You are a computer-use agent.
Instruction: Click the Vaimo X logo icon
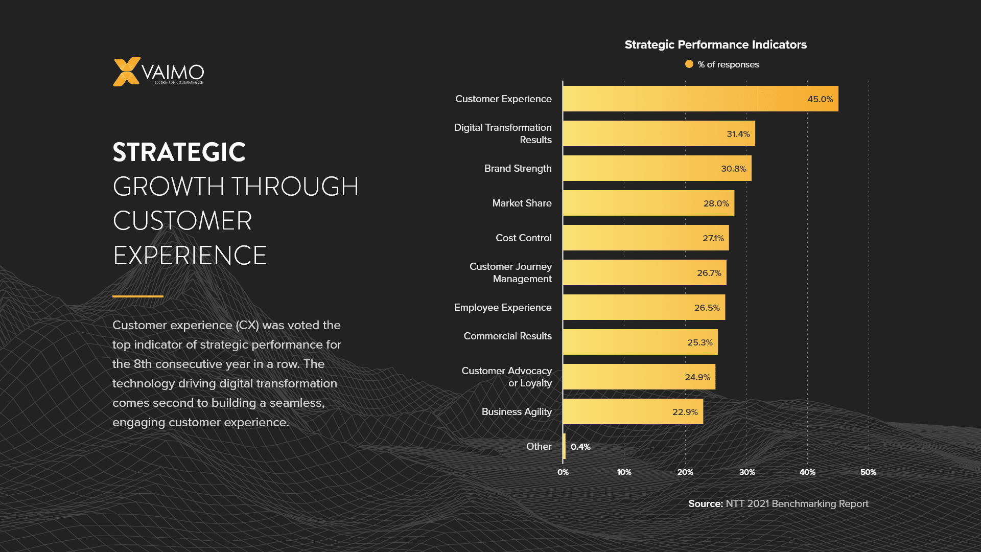click(126, 72)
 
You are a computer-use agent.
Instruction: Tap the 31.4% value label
click(738, 134)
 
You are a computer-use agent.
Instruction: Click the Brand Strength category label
click(518, 169)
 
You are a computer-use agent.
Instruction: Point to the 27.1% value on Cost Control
click(713, 238)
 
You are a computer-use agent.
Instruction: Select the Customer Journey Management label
click(510, 272)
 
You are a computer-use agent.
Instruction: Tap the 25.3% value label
click(699, 342)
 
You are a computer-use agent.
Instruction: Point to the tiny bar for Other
click(564, 446)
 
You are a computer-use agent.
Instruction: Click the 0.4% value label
click(580, 447)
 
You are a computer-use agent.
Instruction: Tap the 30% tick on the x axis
click(746, 472)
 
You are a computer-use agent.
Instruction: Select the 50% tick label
click(868, 472)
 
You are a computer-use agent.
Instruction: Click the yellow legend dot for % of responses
click(689, 64)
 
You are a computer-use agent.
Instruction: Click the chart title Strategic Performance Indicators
click(715, 45)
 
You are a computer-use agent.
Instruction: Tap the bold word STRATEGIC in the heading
click(179, 152)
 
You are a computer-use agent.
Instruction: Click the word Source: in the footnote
click(705, 504)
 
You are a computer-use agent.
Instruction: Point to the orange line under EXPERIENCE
click(138, 296)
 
